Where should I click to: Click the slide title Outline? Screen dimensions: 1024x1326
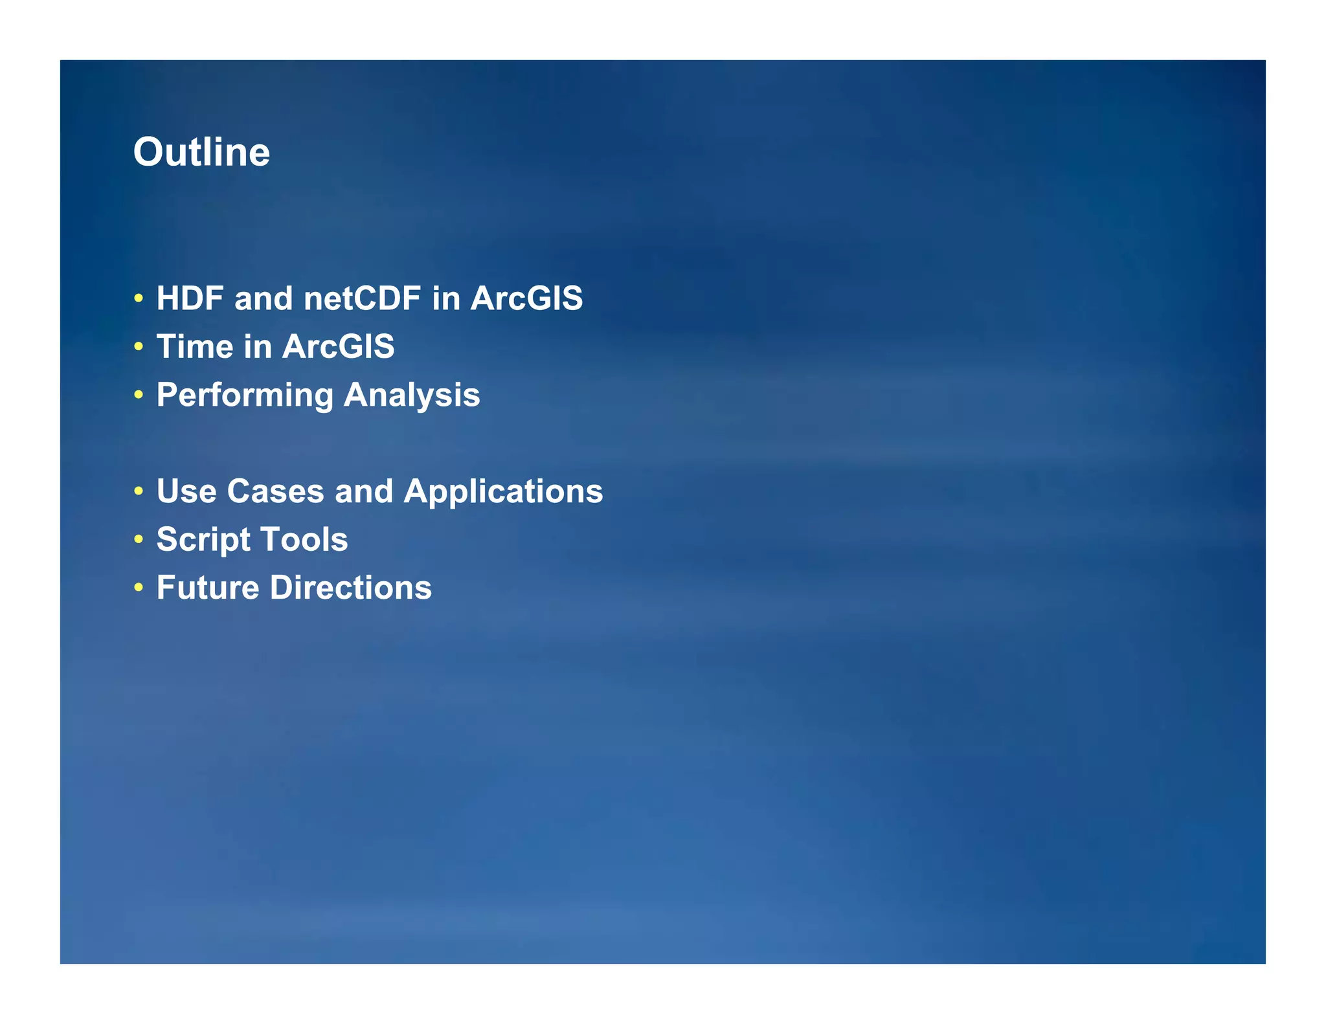pos(201,152)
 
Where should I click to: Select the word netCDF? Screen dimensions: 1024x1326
pos(362,298)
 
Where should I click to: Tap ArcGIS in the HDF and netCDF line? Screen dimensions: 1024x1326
pos(526,298)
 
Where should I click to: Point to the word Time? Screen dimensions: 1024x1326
pos(195,346)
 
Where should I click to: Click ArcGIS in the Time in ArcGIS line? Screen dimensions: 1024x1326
pos(338,346)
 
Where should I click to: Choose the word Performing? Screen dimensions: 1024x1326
pos(245,395)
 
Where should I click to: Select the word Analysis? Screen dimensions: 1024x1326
pos(412,395)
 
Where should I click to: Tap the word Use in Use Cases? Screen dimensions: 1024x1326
pos(186,491)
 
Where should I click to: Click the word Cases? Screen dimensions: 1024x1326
pos(275,491)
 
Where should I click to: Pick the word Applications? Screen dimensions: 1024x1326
pos(503,491)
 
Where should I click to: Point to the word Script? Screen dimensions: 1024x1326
pos(203,539)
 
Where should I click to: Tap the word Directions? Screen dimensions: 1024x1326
pos(350,588)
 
